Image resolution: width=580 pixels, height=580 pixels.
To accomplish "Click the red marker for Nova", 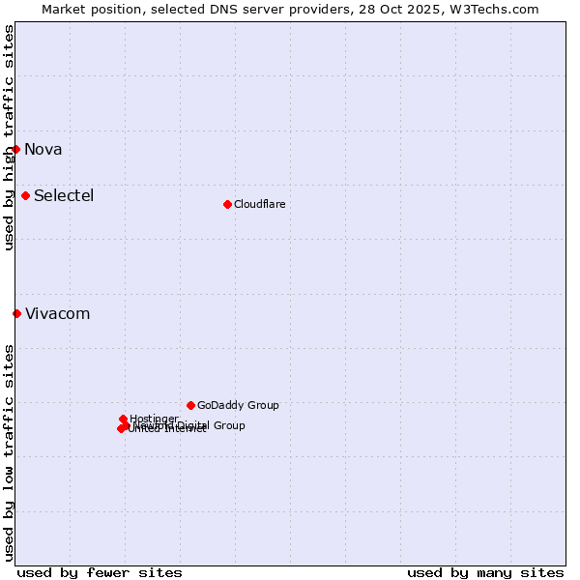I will [16, 149].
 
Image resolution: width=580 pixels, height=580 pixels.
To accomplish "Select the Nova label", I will [43, 149].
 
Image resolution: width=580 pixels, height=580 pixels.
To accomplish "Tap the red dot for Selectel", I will [26, 195].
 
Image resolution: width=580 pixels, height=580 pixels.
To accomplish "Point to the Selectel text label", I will [64, 195].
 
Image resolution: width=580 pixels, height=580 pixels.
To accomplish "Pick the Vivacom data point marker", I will [16, 313].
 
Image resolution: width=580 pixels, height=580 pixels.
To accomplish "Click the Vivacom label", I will [58, 313].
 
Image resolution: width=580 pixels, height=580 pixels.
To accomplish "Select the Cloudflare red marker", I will [227, 204].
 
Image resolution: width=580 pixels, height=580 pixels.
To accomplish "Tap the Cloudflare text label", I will [259, 204].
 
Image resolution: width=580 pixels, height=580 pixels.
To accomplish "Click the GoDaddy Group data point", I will [190, 405].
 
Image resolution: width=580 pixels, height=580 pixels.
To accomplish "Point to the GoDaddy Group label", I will [238, 405].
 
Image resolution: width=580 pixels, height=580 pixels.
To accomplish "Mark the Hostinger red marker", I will [123, 419].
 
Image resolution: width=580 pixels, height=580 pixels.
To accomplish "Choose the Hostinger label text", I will [154, 419].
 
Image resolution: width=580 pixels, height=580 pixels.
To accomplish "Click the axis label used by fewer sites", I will [100, 572].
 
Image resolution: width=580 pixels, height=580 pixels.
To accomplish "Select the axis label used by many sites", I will [485, 572].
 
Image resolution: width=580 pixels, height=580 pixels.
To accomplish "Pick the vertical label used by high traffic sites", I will [9, 138].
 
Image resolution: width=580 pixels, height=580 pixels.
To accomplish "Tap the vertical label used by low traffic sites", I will [9, 452].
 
